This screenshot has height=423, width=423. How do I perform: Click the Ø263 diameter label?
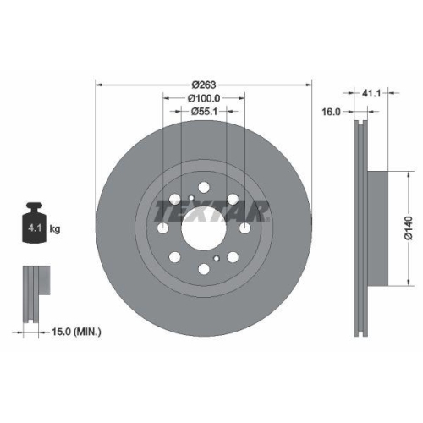click(x=204, y=84)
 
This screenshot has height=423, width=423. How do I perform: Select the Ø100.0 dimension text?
click(x=204, y=97)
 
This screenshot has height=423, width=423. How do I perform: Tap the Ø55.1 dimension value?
click(x=204, y=111)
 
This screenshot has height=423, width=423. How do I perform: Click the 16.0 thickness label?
click(x=331, y=111)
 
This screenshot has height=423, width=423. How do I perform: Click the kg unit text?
click(x=56, y=229)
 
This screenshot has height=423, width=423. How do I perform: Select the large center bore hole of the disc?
click(x=204, y=227)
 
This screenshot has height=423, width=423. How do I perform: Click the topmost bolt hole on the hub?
click(x=204, y=187)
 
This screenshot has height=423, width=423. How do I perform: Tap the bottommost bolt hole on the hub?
click(x=204, y=269)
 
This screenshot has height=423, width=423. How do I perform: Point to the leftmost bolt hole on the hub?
click(x=163, y=228)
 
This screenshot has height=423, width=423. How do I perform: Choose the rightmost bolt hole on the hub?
click(x=244, y=228)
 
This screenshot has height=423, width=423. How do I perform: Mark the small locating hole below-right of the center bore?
click(x=217, y=258)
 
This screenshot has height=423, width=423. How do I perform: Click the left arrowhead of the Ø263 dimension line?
click(x=99, y=85)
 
